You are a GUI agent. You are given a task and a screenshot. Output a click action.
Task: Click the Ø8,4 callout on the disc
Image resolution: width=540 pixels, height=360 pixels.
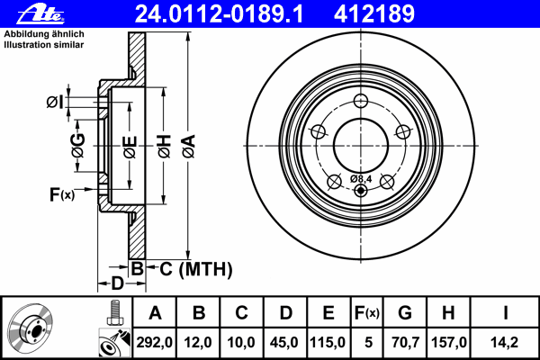point(362,179)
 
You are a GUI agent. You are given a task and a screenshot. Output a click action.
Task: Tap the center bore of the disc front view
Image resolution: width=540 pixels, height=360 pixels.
point(361,144)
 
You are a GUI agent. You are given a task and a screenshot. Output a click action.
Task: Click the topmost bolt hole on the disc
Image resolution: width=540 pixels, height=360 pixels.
point(361,101)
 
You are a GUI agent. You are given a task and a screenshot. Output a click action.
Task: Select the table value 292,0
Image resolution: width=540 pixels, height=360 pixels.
point(155,343)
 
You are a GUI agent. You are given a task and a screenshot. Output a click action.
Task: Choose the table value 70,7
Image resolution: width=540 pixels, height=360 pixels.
point(405,343)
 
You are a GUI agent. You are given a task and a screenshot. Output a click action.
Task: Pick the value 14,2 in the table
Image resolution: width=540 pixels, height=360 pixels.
point(506,343)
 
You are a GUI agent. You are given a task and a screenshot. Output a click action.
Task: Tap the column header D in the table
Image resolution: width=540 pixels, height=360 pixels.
point(284,313)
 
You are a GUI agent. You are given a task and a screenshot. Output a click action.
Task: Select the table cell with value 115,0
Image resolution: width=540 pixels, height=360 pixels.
point(328,343)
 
